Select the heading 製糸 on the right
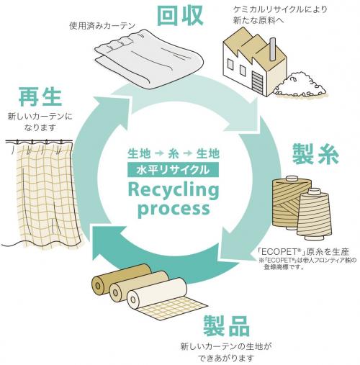315,154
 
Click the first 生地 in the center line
139,153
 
